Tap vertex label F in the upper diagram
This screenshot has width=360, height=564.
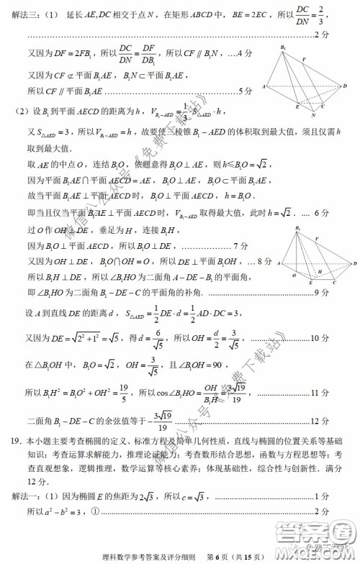(305, 60)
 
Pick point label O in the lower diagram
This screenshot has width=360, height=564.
(294, 276)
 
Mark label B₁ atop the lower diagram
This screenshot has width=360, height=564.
(298, 230)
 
